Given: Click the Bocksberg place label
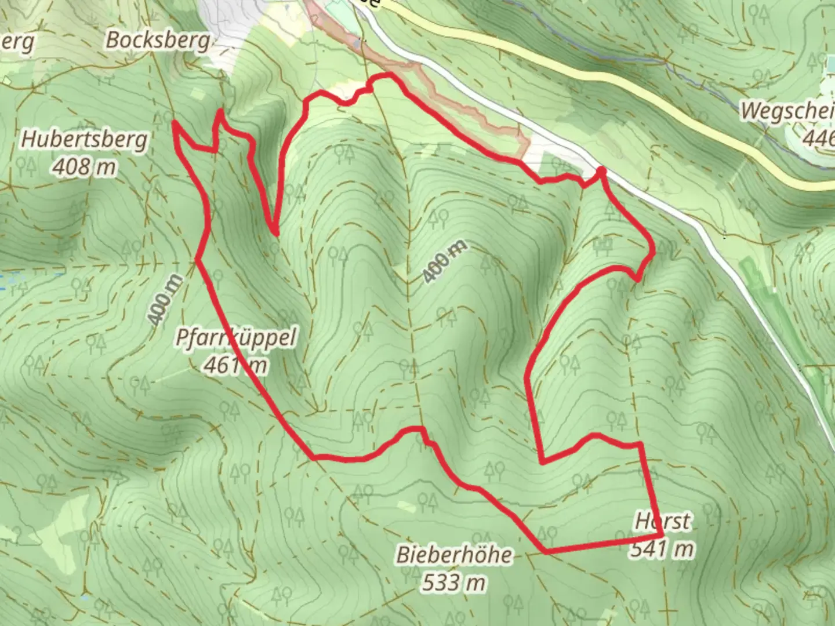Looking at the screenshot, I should (x=157, y=40).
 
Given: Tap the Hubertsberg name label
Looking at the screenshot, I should (x=85, y=140).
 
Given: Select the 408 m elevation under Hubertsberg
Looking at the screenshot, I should (x=85, y=167).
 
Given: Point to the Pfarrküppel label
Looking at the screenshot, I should (x=236, y=338).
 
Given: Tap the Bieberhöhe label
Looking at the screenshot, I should (x=454, y=555).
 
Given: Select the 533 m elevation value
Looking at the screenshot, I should (x=454, y=582).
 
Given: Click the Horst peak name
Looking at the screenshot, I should (x=663, y=521).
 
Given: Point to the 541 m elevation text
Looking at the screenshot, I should (x=662, y=548).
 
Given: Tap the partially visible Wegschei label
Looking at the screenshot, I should (x=787, y=110).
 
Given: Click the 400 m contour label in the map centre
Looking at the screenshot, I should (x=444, y=261).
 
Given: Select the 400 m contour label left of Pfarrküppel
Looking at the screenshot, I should (x=165, y=300).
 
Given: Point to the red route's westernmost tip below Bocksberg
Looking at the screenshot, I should (x=173, y=123).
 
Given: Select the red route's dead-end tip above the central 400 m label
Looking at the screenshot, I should (x=276, y=233).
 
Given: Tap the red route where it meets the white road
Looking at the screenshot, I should (x=601, y=170).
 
